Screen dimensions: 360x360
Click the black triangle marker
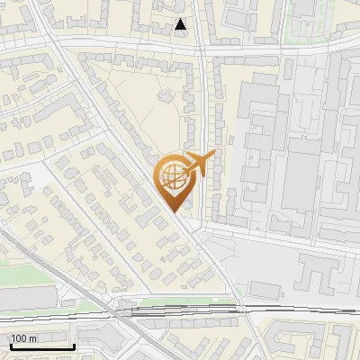[182, 25]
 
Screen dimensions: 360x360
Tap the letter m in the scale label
[33, 337]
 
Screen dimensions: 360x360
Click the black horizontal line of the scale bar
[40, 346]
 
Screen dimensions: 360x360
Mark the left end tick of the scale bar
[9, 344]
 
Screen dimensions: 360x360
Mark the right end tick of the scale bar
[73, 344]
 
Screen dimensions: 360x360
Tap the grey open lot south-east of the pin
[261, 261]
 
